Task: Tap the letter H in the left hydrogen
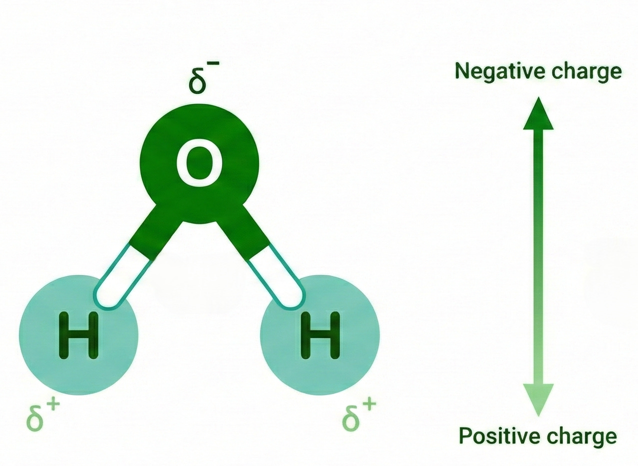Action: click(x=78, y=335)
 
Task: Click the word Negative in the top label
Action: click(x=493, y=71)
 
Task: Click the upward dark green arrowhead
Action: click(x=538, y=114)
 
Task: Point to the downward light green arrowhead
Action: click(x=538, y=398)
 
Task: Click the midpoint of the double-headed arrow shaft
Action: click(x=538, y=256)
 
